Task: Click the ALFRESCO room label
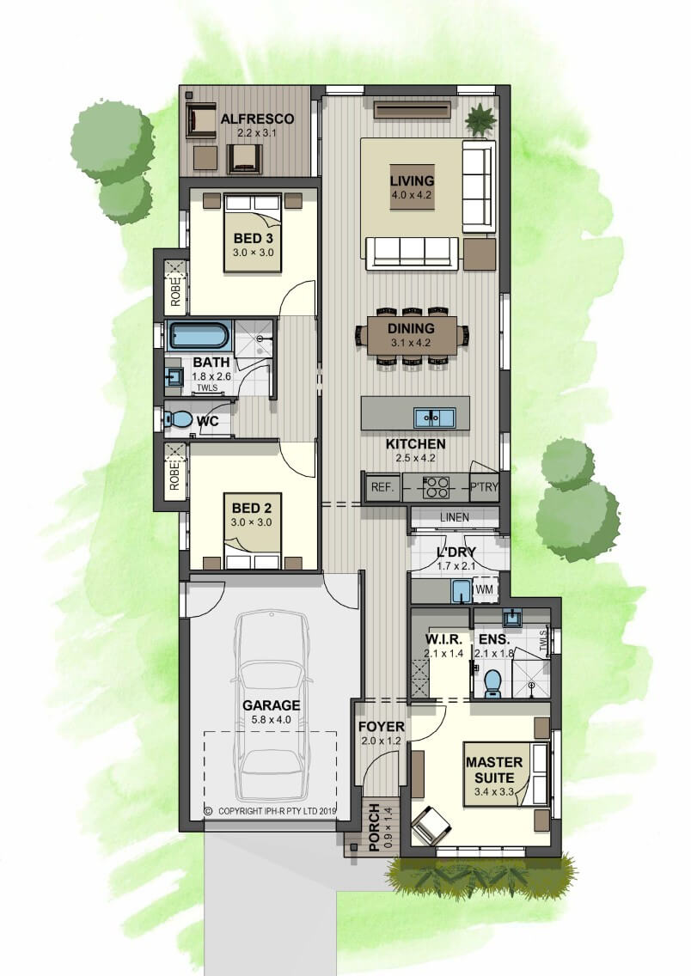click(257, 119)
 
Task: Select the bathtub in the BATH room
click(200, 335)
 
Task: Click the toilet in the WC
click(180, 419)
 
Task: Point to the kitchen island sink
click(435, 417)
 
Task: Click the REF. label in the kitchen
click(382, 487)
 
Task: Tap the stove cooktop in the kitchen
click(436, 487)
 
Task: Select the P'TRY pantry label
click(484, 487)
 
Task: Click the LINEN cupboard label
click(455, 517)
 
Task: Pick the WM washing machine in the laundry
click(486, 589)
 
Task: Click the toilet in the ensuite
click(492, 682)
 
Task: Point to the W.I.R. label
click(443, 639)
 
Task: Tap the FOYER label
click(381, 726)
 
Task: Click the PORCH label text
click(374, 827)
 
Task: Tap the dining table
click(412, 335)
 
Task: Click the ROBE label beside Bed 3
click(175, 290)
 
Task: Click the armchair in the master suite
click(431, 824)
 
